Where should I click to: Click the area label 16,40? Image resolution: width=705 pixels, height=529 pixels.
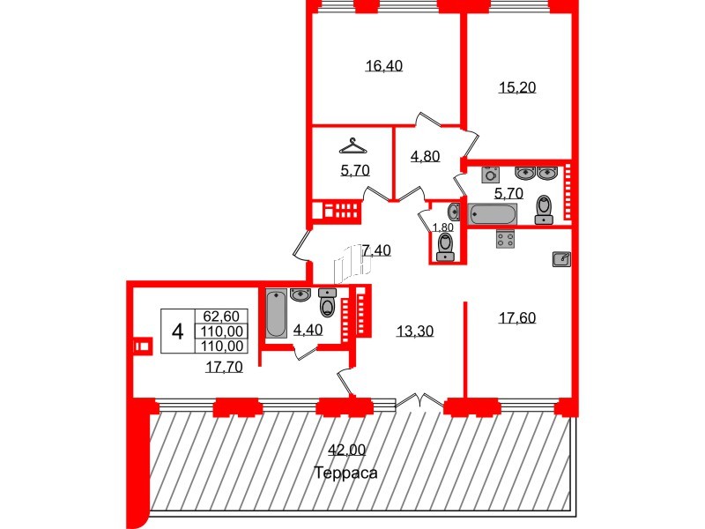(x=384, y=65)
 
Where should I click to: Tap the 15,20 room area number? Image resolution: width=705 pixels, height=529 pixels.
(x=518, y=86)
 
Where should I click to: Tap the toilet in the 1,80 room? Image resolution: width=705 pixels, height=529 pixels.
(x=445, y=251)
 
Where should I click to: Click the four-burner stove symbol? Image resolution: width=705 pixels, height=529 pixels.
(x=506, y=239)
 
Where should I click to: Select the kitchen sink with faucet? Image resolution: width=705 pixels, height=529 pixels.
(x=562, y=258)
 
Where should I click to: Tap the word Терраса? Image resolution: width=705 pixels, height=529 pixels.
(x=345, y=473)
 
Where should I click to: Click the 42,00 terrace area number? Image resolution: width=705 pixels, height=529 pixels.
(x=346, y=450)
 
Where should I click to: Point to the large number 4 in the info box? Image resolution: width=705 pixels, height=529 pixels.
(x=178, y=332)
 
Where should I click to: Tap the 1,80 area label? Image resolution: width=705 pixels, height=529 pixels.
(x=442, y=227)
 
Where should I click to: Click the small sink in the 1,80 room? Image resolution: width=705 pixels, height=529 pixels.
(x=453, y=212)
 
